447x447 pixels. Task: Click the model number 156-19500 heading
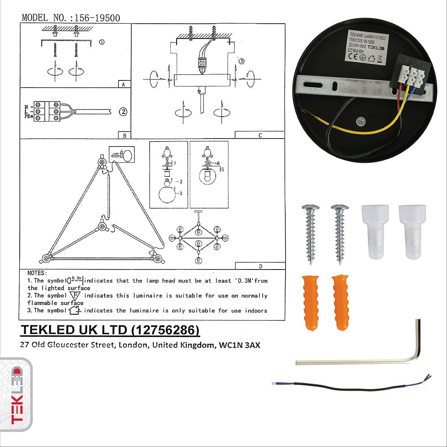pos(71,18)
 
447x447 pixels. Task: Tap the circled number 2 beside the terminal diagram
pos(123,112)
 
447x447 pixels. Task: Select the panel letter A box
pos(123,84)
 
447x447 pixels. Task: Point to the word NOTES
pos(37,273)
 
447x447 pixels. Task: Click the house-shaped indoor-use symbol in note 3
pos(75,309)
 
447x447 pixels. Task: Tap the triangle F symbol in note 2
pos(74,295)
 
